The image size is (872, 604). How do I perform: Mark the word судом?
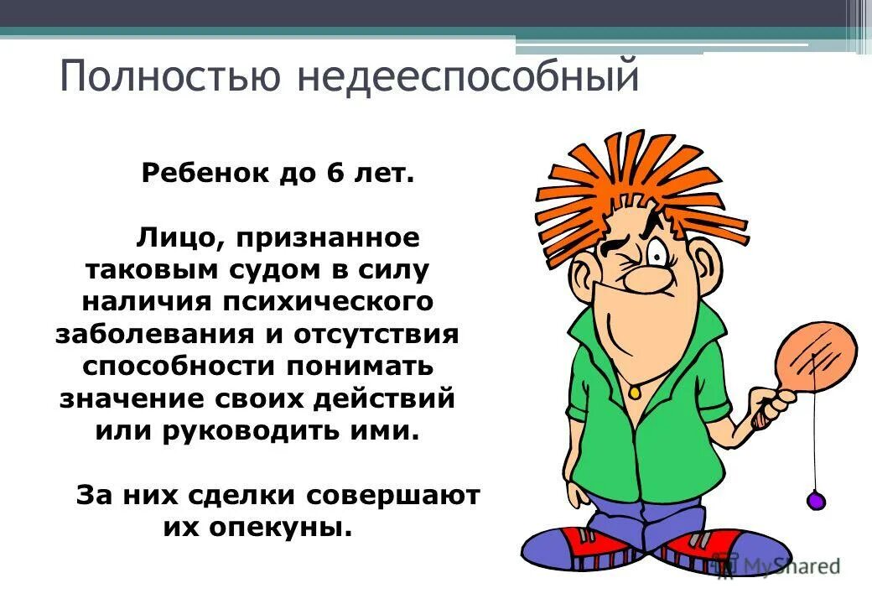tap(272, 270)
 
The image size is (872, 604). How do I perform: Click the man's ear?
tap(581, 278)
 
